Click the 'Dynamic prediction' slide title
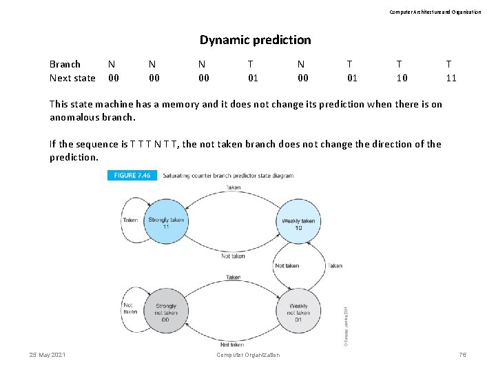click(x=255, y=40)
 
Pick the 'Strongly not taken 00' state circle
click(x=166, y=311)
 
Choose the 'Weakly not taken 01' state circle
click(x=298, y=311)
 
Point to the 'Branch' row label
click(x=65, y=64)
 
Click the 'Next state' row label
click(x=72, y=78)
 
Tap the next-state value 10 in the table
click(x=402, y=78)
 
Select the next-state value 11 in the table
click(x=451, y=78)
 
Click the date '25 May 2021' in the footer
click(x=48, y=354)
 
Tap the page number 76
click(x=462, y=354)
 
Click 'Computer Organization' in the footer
click(x=248, y=355)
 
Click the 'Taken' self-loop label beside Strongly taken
click(x=130, y=220)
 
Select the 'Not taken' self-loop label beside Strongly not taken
click(x=130, y=307)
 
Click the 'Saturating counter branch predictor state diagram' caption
click(x=228, y=176)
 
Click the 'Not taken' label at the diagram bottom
click(x=232, y=344)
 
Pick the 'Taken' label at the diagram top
click(x=234, y=187)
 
